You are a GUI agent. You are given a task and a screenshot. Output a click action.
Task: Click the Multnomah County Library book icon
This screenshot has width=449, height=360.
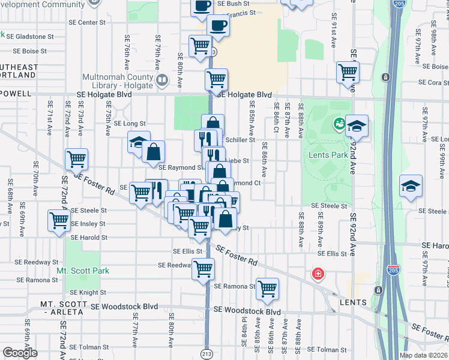(161, 80)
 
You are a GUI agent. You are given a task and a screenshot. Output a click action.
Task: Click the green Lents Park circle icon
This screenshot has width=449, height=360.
(339, 125)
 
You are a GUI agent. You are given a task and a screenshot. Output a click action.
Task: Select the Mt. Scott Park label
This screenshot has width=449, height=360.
(83, 271)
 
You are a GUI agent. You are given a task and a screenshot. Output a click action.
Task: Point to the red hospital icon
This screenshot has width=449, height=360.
(316, 275)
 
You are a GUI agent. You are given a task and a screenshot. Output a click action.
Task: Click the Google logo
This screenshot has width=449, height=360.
(20, 352)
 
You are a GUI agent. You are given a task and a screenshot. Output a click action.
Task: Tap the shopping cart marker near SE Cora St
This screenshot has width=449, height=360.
(348, 72)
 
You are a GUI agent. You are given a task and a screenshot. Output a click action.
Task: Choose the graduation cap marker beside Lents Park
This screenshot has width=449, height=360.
(357, 126)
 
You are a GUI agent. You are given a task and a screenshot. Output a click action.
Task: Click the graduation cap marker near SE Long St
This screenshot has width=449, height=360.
(139, 143)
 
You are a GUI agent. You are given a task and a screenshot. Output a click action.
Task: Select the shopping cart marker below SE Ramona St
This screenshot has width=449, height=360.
(267, 289)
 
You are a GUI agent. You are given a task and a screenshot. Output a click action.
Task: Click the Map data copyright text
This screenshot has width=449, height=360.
(423, 355)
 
